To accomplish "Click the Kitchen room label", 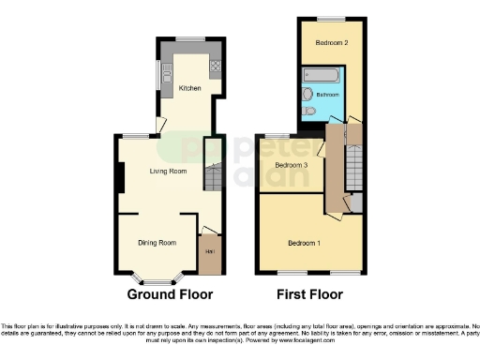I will [x=190, y=88].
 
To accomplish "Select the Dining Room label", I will [x=157, y=243].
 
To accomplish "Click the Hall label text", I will [x=209, y=253].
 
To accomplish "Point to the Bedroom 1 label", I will [x=304, y=244].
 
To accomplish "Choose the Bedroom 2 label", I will [x=332, y=43].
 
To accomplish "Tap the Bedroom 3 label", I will [x=291, y=166].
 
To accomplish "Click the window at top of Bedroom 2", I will [x=330, y=18].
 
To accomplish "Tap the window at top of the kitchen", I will [x=190, y=39].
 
